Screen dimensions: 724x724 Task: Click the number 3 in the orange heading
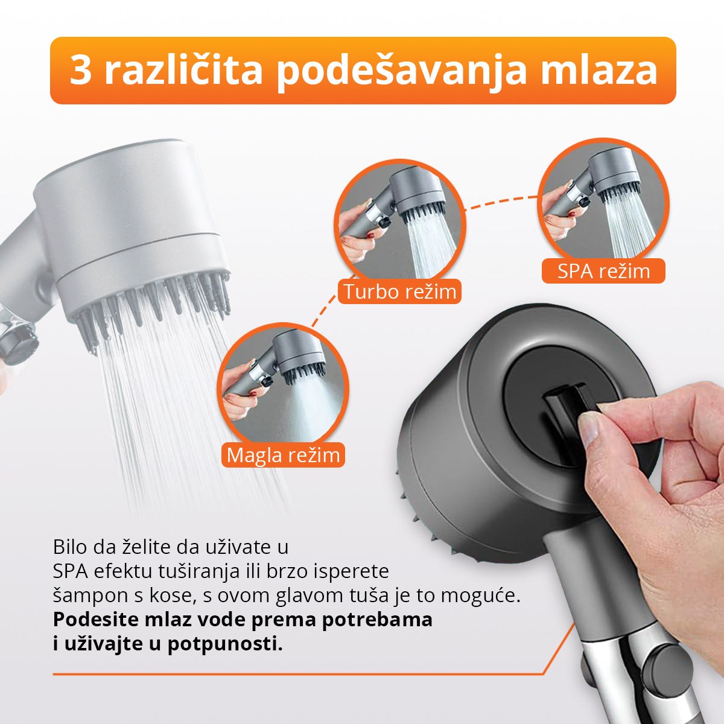pyautogui.click(x=80, y=71)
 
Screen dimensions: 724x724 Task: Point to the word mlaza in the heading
pyautogui.click(x=598, y=71)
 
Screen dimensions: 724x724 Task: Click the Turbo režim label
pyautogui.click(x=399, y=292)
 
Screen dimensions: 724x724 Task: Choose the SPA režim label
pyautogui.click(x=603, y=271)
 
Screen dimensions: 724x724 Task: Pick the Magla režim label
pyautogui.click(x=283, y=455)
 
